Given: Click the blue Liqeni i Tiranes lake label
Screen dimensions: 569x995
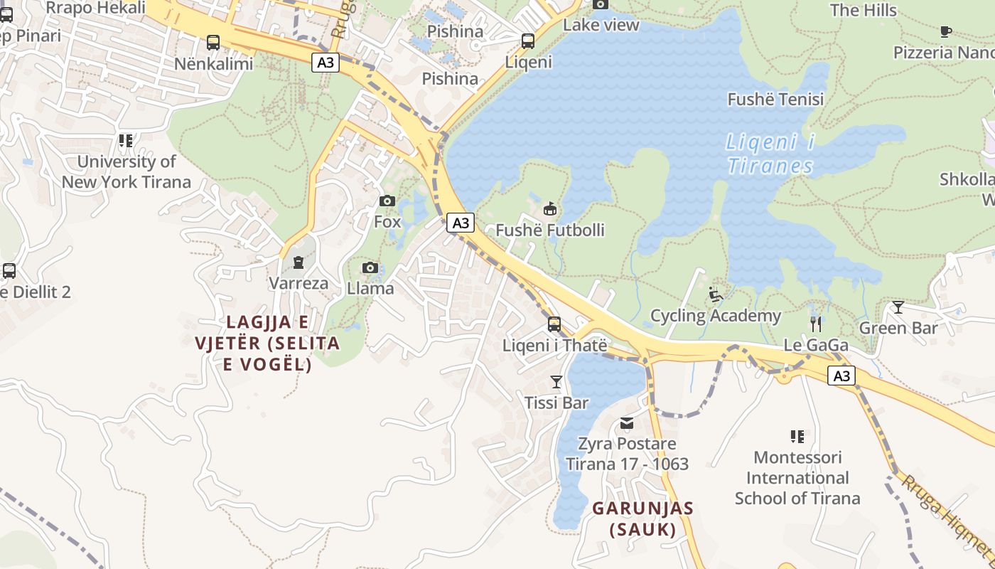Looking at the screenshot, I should pyautogui.click(x=770, y=154).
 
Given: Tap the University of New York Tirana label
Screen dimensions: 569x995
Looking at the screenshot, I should pyautogui.click(x=126, y=171).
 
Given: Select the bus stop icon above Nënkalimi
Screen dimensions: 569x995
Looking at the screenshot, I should pyautogui.click(x=213, y=42).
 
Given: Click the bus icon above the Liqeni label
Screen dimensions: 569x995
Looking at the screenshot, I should pyautogui.click(x=527, y=41).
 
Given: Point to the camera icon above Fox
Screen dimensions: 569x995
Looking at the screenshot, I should pyautogui.click(x=387, y=201).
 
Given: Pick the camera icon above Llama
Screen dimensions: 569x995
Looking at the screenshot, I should pyautogui.click(x=370, y=267).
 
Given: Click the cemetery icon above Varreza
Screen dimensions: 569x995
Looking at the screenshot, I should pyautogui.click(x=298, y=262).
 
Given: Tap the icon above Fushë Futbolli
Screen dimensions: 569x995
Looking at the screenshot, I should pyautogui.click(x=549, y=209).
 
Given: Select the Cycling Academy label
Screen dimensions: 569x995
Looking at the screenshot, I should pyautogui.click(x=715, y=315).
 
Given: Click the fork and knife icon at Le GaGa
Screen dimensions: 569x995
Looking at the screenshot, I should pyautogui.click(x=816, y=324).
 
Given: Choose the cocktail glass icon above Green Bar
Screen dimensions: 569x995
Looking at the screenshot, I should pyautogui.click(x=898, y=307).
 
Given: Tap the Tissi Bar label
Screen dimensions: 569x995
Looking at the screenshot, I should pyautogui.click(x=556, y=403).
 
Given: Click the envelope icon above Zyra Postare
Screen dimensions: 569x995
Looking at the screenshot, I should pyautogui.click(x=627, y=424).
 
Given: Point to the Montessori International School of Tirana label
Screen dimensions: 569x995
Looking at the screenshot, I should pyautogui.click(x=797, y=477).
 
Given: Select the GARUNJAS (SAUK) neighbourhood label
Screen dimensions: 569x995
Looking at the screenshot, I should pyautogui.click(x=642, y=519).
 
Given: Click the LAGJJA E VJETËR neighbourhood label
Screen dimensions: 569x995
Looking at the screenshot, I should pyautogui.click(x=267, y=343).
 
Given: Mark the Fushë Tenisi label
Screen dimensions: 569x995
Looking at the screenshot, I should pyautogui.click(x=775, y=99).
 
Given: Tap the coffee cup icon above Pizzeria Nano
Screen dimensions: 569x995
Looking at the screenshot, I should pyautogui.click(x=945, y=31).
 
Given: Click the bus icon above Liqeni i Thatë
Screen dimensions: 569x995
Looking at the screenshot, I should pyautogui.click(x=554, y=324).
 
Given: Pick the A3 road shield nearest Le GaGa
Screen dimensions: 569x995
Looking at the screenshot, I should pyautogui.click(x=841, y=376).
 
